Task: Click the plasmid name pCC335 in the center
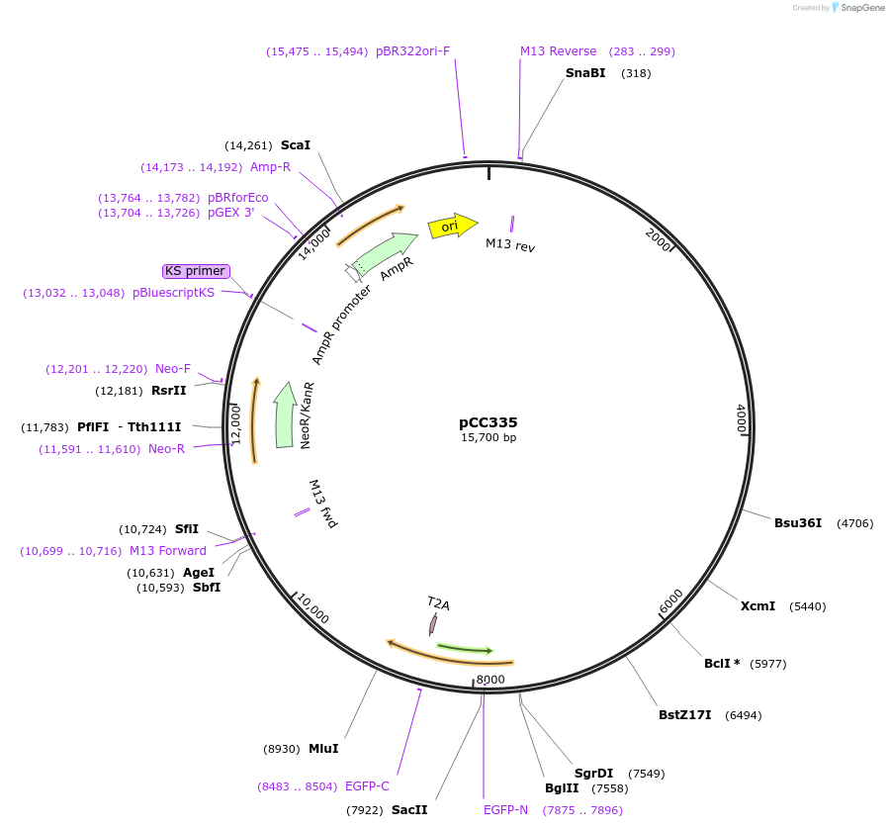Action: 488,422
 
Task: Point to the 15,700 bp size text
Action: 488,437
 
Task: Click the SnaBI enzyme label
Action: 585,73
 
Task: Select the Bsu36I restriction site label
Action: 798,523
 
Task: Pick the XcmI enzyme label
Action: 757,606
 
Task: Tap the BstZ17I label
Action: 684,715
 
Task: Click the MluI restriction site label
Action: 323,749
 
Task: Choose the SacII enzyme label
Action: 409,810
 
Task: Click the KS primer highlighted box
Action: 196,271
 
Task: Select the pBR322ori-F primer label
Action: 412,51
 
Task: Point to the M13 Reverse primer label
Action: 559,51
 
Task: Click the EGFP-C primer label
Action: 367,786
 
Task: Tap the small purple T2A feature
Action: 432,624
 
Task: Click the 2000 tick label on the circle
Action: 659,239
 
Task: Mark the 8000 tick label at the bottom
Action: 490,680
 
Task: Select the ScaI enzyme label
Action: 296,145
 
